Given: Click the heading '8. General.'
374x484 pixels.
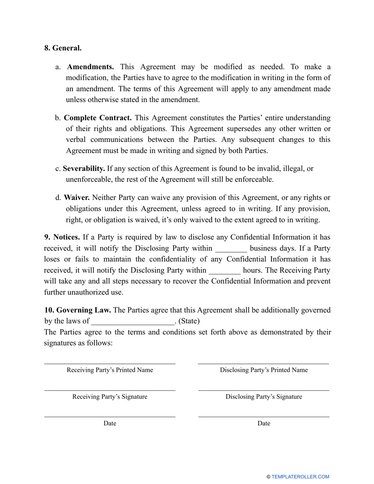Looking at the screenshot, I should pos(63,48).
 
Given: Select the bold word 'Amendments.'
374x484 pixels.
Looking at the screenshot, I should pos(91,67).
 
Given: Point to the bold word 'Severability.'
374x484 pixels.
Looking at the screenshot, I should pos(84,168).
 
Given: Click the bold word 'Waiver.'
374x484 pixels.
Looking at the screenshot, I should pos(77,198).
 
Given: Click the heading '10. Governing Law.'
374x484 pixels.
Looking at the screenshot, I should pos(77,310).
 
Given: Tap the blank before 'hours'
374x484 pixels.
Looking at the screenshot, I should pos(224,272).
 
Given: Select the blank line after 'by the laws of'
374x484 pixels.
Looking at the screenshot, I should pos(133,322).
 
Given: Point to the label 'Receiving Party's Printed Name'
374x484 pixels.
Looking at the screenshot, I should pos(110,370).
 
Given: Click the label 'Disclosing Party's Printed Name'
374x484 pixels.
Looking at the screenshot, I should pos(264,370).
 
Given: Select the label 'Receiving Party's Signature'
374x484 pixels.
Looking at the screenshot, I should pos(110,397).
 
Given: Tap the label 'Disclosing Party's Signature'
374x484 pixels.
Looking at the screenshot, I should pos(264,397).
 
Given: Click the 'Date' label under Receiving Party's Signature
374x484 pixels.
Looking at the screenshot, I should pos(110,423).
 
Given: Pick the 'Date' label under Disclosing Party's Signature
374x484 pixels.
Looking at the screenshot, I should pos(264,423).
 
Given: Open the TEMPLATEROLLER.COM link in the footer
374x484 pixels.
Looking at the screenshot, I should pos(300,477).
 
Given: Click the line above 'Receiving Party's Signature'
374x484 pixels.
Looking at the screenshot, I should pos(110,390).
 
